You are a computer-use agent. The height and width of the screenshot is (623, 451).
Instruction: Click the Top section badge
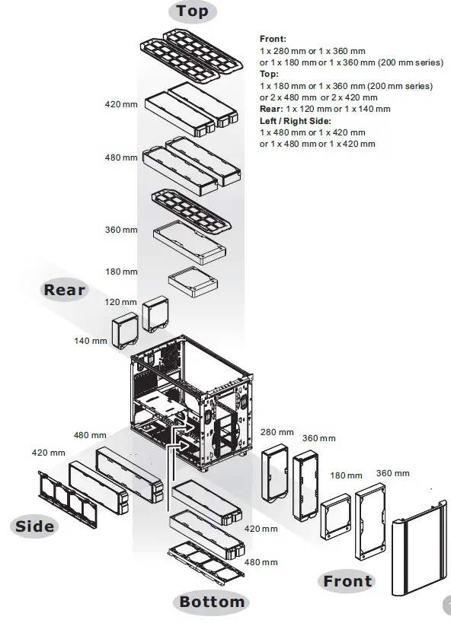coord(191,11)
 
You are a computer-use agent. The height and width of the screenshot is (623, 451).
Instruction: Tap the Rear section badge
coord(65,290)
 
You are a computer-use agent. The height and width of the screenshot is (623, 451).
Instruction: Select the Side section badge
coord(35,526)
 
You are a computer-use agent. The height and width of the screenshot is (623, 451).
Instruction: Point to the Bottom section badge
coord(212,602)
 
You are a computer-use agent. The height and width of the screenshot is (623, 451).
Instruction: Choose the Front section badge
coord(347,582)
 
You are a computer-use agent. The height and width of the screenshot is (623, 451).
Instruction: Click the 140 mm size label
coord(89,341)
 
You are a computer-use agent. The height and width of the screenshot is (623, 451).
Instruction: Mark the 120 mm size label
coord(121,302)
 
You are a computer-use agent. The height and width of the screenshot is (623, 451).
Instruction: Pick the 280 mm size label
coord(277,432)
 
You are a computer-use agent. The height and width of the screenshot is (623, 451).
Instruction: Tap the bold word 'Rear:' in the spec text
coord(272,109)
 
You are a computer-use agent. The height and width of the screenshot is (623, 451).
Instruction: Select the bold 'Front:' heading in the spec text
coord(273,37)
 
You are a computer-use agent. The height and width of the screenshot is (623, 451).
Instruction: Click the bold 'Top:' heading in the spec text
coord(269,75)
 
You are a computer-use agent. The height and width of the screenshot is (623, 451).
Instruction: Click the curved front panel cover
coord(417,548)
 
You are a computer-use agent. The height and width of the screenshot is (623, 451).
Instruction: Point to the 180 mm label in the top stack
coord(121,272)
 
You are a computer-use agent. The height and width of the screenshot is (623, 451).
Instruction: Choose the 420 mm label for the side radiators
coord(48,453)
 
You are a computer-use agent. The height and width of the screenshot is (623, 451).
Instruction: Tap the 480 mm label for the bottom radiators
coord(261,562)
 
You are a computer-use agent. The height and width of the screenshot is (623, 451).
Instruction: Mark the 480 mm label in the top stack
coord(121,157)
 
